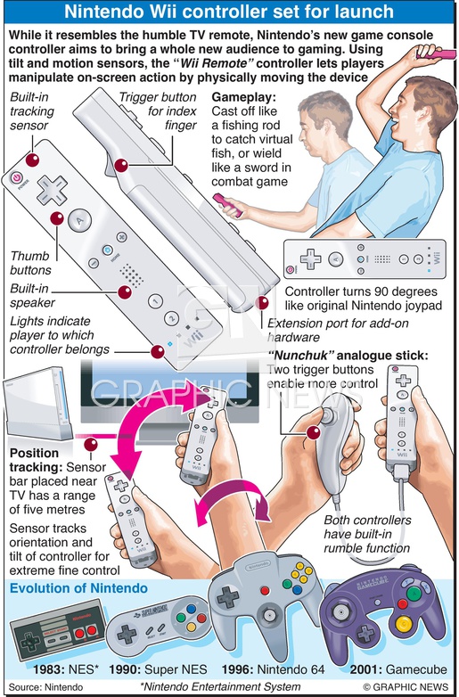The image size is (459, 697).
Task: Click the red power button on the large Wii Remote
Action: (x=16, y=177)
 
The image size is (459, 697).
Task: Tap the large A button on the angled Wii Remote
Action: (x=80, y=220)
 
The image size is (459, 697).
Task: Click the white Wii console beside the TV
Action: (x=37, y=403)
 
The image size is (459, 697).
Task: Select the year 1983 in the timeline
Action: (x=48, y=669)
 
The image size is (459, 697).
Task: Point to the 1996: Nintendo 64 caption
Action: (x=274, y=669)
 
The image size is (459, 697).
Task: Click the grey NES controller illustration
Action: (x=58, y=629)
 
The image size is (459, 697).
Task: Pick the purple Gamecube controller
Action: (x=383, y=612)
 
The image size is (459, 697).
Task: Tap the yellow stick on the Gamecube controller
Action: (x=404, y=625)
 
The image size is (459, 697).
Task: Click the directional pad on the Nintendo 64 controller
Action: (x=228, y=597)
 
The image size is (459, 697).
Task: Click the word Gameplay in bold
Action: (x=243, y=97)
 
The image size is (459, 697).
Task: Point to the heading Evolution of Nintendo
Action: (x=78, y=588)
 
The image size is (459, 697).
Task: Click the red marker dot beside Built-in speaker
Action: (x=125, y=292)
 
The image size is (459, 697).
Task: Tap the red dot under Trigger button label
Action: (x=121, y=166)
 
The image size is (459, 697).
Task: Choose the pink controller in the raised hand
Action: (x=436, y=53)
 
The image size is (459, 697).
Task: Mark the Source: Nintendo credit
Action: (x=45, y=687)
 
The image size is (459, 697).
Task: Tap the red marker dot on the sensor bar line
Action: (x=91, y=444)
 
